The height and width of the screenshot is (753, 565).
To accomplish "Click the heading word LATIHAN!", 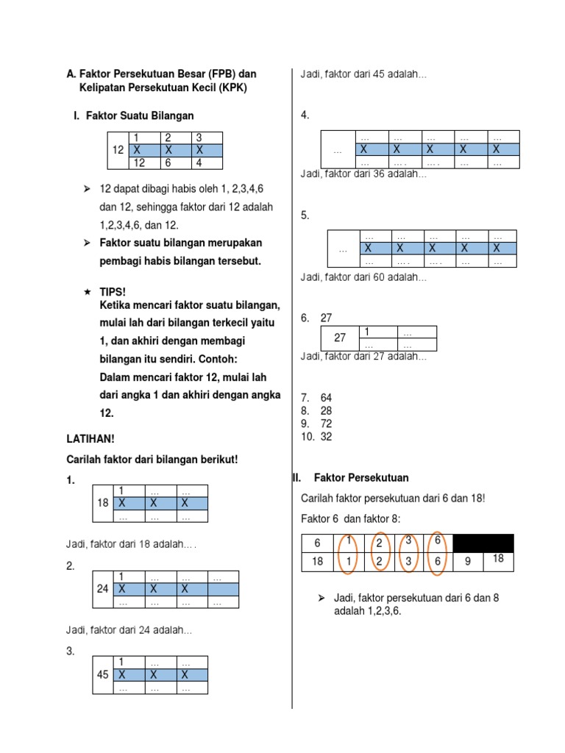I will point(90,439).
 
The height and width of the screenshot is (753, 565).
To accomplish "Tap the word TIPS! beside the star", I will point(113,292).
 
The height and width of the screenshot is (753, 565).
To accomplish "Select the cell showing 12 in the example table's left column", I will point(118,150).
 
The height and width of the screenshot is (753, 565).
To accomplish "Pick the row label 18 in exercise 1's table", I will point(103,504).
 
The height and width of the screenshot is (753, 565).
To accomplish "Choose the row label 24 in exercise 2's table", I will point(103,589).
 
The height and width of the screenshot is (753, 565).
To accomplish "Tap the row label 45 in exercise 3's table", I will point(103,674).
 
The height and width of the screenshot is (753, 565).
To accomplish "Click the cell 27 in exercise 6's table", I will point(340,338).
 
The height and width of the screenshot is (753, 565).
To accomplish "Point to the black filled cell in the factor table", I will point(483,543).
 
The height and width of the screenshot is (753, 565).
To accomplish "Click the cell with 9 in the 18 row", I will point(468,563).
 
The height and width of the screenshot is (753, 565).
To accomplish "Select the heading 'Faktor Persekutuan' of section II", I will point(361,478).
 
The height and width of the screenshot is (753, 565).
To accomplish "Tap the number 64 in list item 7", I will point(327,398).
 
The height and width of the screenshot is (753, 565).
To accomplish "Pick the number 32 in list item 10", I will point(327,437).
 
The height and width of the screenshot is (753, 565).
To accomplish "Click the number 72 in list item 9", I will point(327,424).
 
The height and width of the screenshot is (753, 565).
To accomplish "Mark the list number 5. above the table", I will point(305,215).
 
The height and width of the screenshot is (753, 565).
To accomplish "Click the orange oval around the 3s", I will point(408,552).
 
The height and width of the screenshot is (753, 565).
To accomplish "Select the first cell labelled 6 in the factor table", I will point(318,543).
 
